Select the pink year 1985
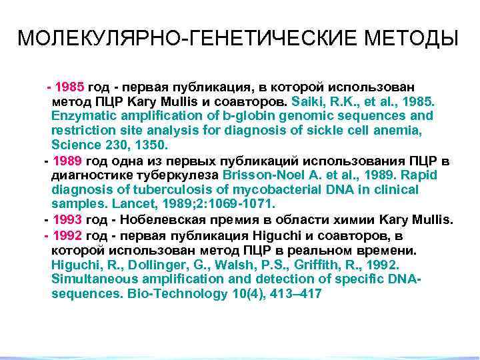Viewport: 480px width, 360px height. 70,87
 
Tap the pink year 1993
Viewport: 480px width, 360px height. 67,219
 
